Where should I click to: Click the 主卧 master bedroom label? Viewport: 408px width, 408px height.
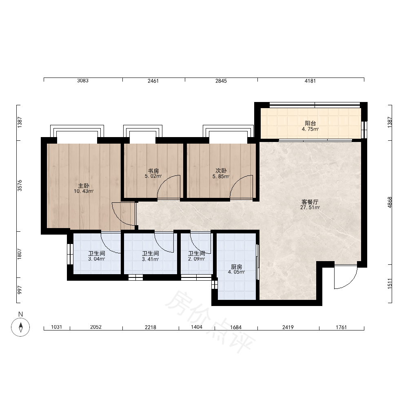pos(84,186)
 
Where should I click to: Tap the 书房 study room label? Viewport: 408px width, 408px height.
pos(153,171)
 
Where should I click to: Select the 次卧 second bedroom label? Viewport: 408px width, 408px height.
pos(221,171)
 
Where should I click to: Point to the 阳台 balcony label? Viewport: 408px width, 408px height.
pos(310,123)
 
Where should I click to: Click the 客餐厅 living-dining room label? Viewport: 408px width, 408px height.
pos(310,202)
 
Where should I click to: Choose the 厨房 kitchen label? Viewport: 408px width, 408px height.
pos(237,267)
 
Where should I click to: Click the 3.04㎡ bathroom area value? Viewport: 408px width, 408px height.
pos(97,259)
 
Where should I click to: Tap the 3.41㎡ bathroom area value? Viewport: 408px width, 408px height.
pos(151,259)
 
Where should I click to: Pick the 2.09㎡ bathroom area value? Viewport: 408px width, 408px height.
pos(197,259)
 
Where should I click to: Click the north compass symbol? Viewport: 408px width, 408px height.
pos(20,327)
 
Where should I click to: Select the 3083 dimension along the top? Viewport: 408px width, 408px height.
pos(83,81)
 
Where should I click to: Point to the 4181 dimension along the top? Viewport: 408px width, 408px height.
pos(310,81)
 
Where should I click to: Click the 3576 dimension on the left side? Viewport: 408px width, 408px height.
pos(20,186)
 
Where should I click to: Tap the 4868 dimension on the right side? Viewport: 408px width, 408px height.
pos(390,202)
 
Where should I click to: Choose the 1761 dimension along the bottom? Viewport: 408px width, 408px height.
pos(341,327)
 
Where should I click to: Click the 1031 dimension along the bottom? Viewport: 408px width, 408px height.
pos(56,327)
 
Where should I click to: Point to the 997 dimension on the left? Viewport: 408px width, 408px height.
pos(20,290)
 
